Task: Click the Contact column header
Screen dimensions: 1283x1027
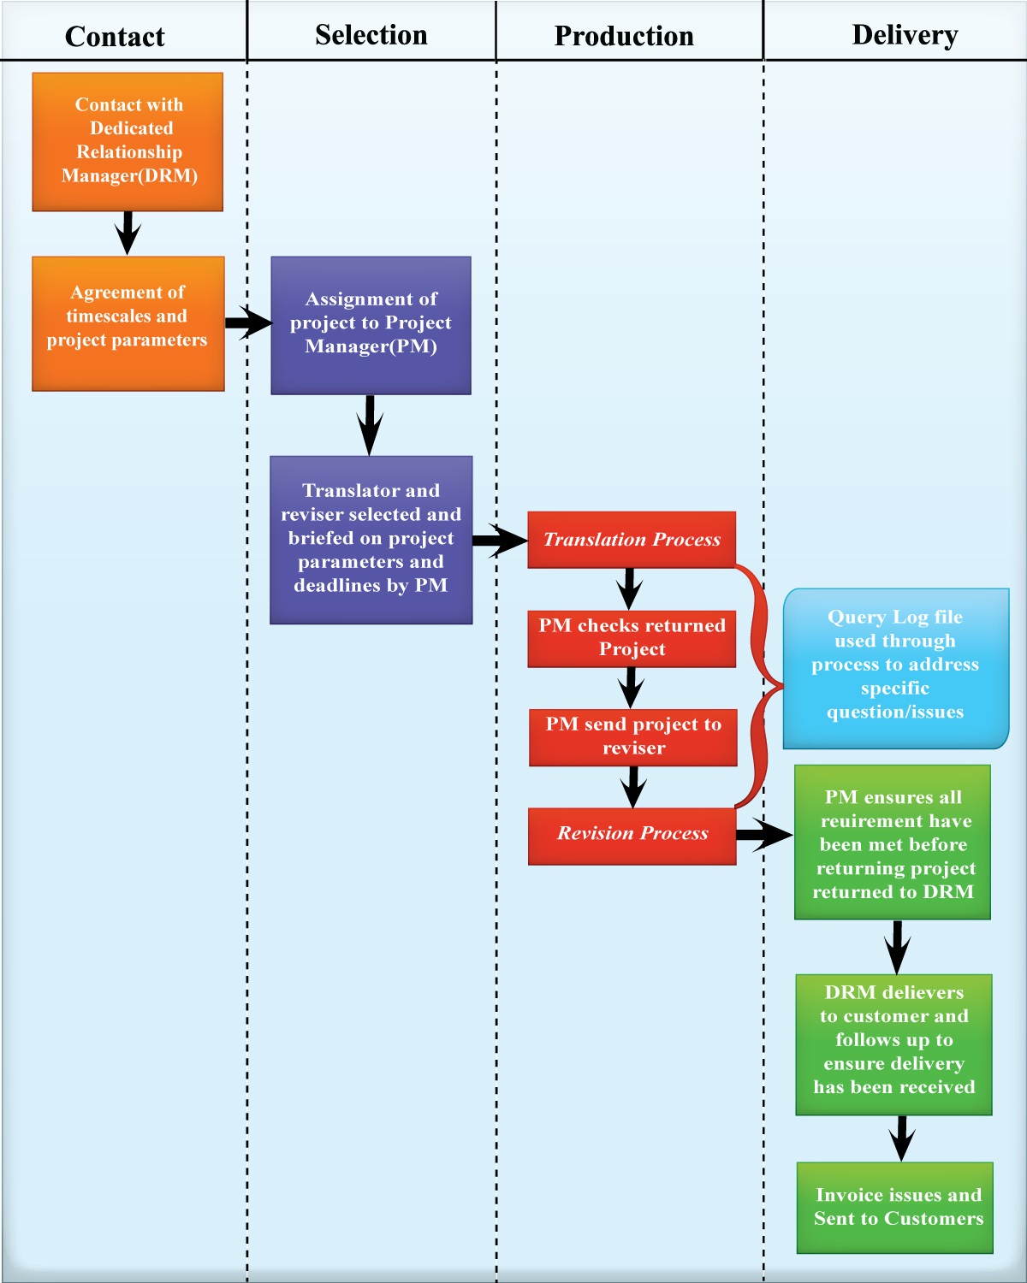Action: click(x=115, y=37)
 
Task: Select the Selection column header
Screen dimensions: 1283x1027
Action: click(x=371, y=35)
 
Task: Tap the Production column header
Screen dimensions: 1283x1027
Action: click(x=624, y=36)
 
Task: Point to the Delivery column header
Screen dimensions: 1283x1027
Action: click(x=905, y=35)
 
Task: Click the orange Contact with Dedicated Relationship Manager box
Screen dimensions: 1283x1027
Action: click(x=128, y=141)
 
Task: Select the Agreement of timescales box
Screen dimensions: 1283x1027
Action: click(x=128, y=323)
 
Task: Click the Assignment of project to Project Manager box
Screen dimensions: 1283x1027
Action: click(x=371, y=325)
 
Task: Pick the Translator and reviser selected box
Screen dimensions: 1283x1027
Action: click(x=371, y=539)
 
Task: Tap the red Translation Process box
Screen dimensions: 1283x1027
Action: click(x=632, y=540)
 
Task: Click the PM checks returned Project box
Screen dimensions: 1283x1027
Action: click(x=632, y=637)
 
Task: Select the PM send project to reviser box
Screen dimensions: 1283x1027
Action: click(x=632, y=736)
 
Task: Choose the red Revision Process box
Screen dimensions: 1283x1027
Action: click(x=632, y=835)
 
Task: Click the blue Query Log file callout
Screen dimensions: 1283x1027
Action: click(x=895, y=667)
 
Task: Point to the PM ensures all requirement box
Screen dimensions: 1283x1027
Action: click(x=893, y=843)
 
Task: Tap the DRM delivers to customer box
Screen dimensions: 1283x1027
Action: click(x=893, y=1044)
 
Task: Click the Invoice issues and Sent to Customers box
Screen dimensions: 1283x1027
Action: click(x=895, y=1207)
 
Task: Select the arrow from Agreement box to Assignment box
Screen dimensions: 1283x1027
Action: click(x=248, y=322)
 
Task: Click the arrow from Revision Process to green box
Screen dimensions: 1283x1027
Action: click(x=764, y=834)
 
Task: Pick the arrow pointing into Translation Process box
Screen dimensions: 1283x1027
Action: click(x=500, y=540)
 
